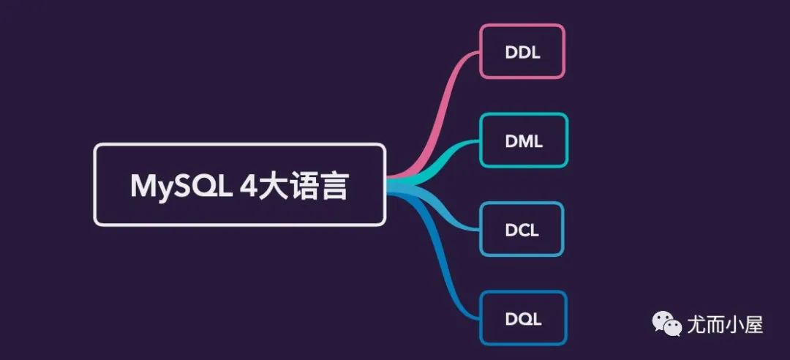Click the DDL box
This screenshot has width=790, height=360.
click(x=522, y=51)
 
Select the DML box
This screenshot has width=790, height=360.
click(x=524, y=140)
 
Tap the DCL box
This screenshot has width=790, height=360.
click(x=522, y=230)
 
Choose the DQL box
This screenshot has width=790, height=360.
click(x=523, y=318)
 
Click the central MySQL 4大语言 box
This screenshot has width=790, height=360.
click(x=239, y=184)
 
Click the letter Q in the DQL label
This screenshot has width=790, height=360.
click(x=523, y=319)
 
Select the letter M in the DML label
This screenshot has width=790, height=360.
click(x=524, y=140)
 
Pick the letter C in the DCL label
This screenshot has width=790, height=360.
click(x=522, y=230)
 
